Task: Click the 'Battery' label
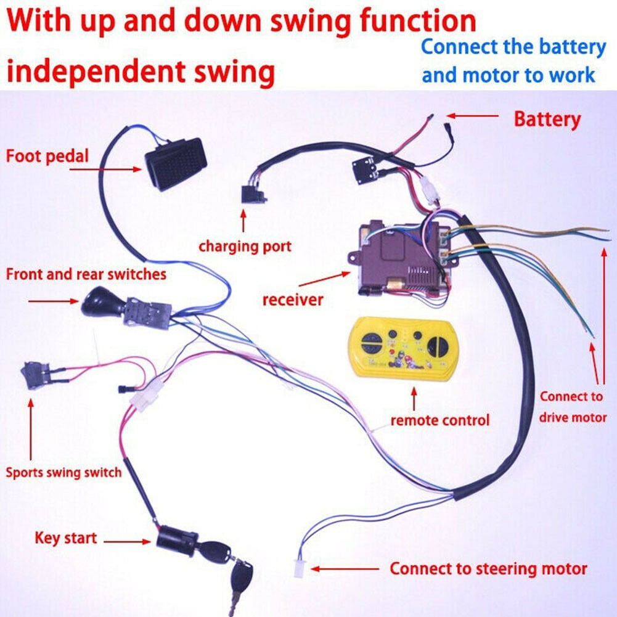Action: pos(547,119)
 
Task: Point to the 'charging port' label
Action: pos(245,247)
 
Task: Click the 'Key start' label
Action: pos(66,537)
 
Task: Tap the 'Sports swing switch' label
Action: pos(63,473)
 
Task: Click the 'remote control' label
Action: pos(439,420)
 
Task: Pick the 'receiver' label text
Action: pos(293,300)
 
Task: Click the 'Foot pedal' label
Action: pos(47,155)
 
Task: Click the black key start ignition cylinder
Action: pos(176,541)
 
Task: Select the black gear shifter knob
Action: pos(99,302)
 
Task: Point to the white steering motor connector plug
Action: pos(299,568)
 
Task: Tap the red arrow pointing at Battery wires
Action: pos(472,115)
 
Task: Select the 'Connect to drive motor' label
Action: pos(573,407)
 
